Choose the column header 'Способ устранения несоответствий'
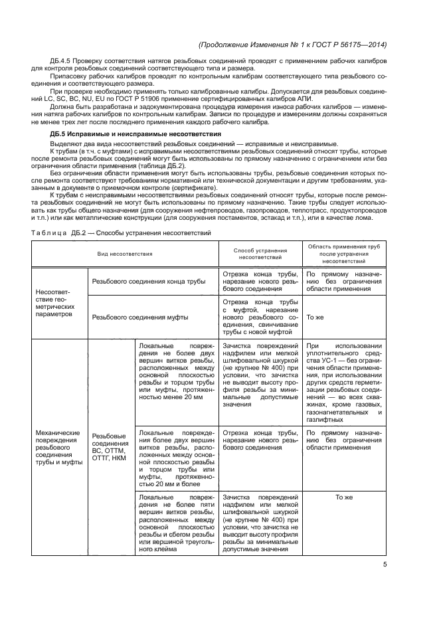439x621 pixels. click(x=260, y=254)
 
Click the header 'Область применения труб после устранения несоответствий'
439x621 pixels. click(x=343, y=254)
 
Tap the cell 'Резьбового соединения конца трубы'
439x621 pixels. click(x=149, y=282)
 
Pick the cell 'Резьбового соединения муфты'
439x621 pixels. click(x=139, y=317)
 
